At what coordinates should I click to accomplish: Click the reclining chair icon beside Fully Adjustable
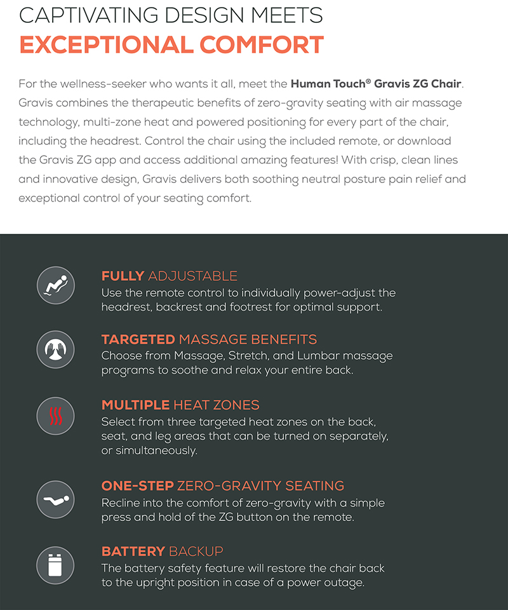point(56,285)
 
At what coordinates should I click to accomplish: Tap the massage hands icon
point(56,349)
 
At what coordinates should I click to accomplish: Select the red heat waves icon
point(56,416)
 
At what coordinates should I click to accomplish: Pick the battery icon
point(56,565)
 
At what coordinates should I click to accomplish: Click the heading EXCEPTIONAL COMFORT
point(171,45)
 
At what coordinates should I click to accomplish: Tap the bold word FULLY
point(123,276)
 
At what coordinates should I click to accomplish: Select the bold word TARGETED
point(138,339)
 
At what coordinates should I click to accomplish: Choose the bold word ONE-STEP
point(137,486)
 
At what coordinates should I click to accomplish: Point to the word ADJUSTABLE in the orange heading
point(192,276)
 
